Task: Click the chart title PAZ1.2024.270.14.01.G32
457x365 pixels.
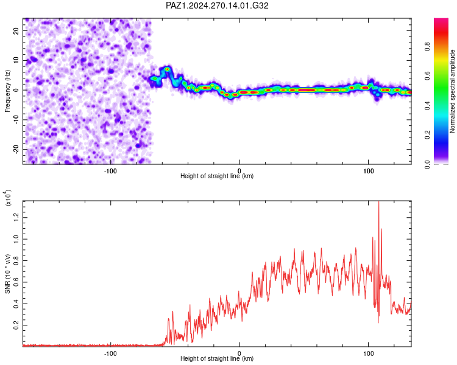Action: tap(217, 5)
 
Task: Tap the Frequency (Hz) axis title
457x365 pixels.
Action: tap(7, 91)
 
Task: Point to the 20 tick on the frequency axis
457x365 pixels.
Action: tap(16, 31)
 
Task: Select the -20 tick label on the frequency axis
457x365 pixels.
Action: tap(16, 149)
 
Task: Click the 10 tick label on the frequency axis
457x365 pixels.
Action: tap(16, 60)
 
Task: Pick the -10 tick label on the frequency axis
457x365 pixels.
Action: tap(16, 119)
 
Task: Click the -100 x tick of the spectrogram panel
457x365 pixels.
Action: tap(110, 171)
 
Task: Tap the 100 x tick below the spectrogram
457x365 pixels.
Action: tap(369, 171)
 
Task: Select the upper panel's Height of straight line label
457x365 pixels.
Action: tap(217, 176)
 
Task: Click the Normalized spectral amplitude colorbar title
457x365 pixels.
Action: tap(452, 91)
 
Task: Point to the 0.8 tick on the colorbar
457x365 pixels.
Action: tap(427, 47)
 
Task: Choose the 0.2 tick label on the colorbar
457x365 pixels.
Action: tap(427, 135)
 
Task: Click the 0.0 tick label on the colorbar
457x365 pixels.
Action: tap(427, 164)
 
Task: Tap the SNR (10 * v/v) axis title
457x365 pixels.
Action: tap(7, 274)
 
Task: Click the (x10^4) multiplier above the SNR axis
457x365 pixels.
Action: tap(8, 198)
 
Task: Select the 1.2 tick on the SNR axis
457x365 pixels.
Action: tap(16, 217)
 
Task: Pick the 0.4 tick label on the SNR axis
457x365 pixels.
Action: tap(16, 304)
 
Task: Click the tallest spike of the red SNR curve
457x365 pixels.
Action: tap(378, 202)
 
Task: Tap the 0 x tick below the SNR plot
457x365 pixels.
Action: tap(239, 353)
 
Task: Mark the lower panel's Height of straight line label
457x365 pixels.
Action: tap(217, 358)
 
